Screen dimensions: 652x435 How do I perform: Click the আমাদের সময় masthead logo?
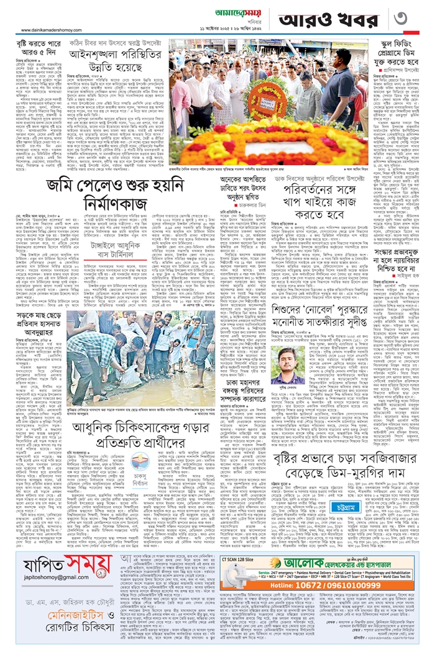217,12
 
